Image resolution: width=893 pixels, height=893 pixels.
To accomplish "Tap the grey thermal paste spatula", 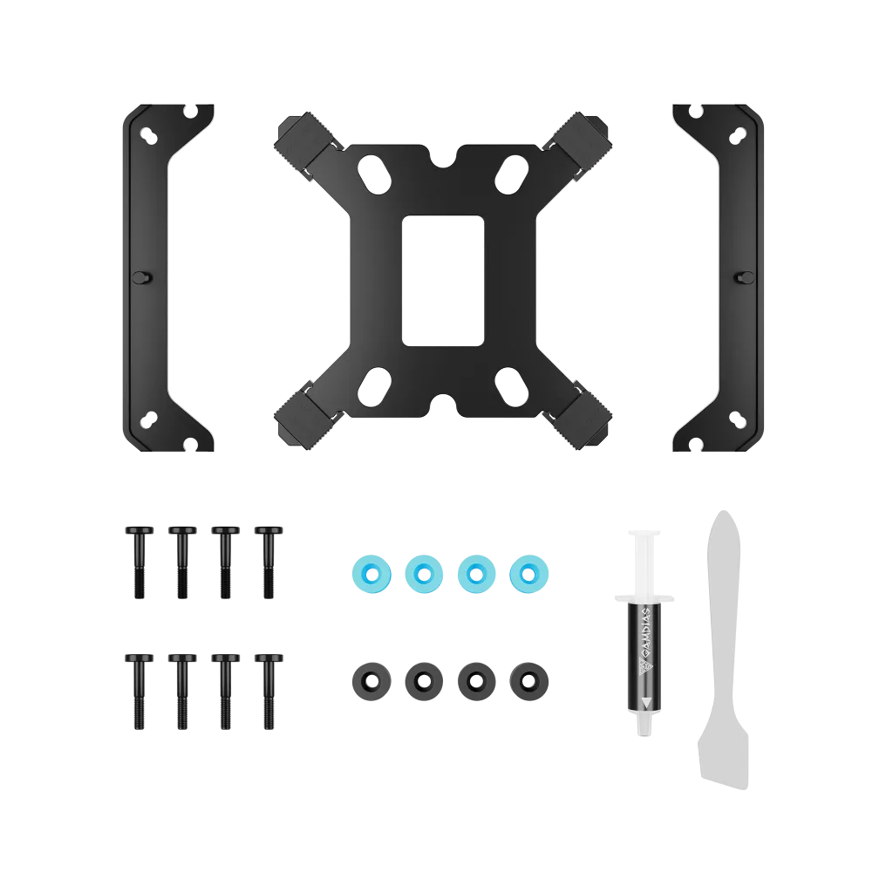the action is click(x=723, y=649).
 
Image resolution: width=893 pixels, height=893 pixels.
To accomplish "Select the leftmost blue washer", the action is click(x=372, y=574).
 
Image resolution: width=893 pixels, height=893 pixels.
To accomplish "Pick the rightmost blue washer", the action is click(x=529, y=574).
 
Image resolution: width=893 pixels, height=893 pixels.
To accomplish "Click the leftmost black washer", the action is click(x=372, y=681).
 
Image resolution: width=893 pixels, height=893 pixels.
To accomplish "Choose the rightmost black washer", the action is click(x=529, y=681).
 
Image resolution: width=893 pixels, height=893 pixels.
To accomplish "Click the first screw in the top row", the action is click(x=140, y=562).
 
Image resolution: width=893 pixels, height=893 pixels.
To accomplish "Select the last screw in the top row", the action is click(x=269, y=562).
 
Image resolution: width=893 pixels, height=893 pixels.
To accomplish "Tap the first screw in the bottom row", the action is click(x=140, y=692).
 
